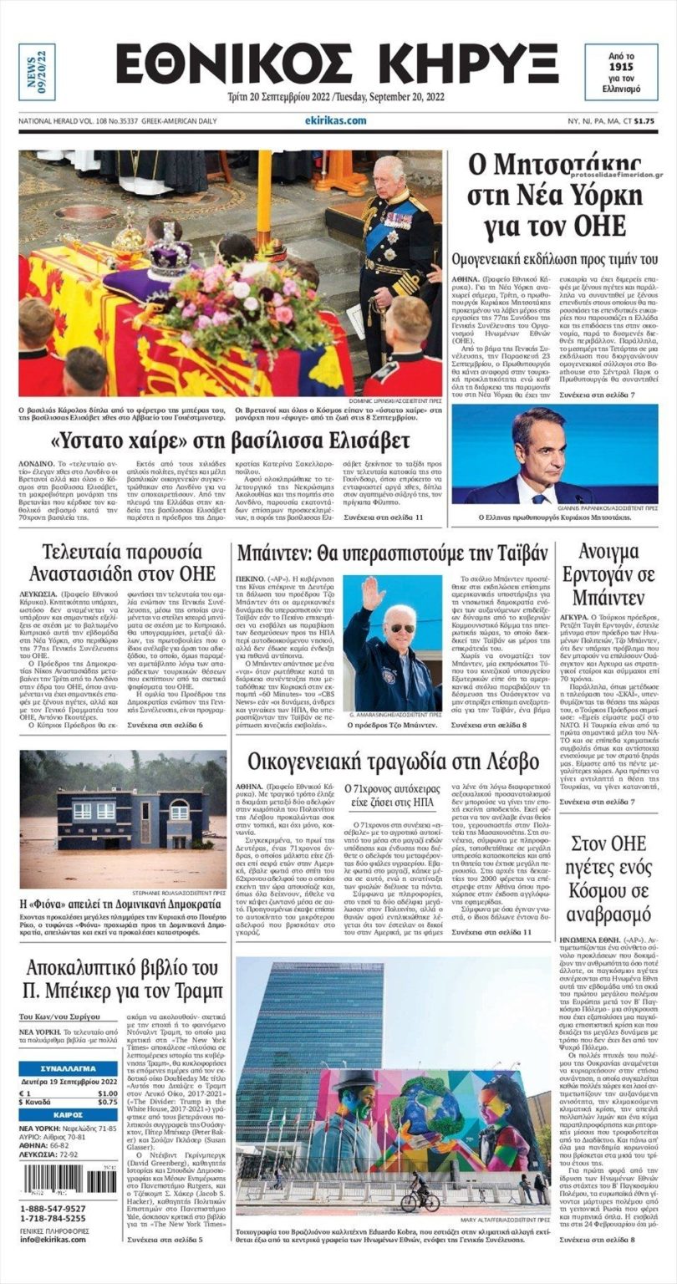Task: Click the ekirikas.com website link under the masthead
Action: pyautogui.click(x=336, y=120)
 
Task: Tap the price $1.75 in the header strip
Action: pyautogui.click(x=644, y=120)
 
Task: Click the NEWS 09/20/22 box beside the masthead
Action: pyautogui.click(x=37, y=72)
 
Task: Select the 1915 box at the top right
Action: pyautogui.click(x=621, y=72)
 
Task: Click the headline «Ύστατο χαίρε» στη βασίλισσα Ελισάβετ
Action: pyautogui.click(x=231, y=440)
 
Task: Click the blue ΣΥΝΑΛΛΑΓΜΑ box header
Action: pyautogui.click(x=69, y=1069)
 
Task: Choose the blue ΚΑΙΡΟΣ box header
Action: pyautogui.click(x=69, y=1114)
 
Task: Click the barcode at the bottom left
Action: pyautogui.click(x=69, y=1180)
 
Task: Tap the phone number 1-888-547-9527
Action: pyautogui.click(x=53, y=1209)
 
